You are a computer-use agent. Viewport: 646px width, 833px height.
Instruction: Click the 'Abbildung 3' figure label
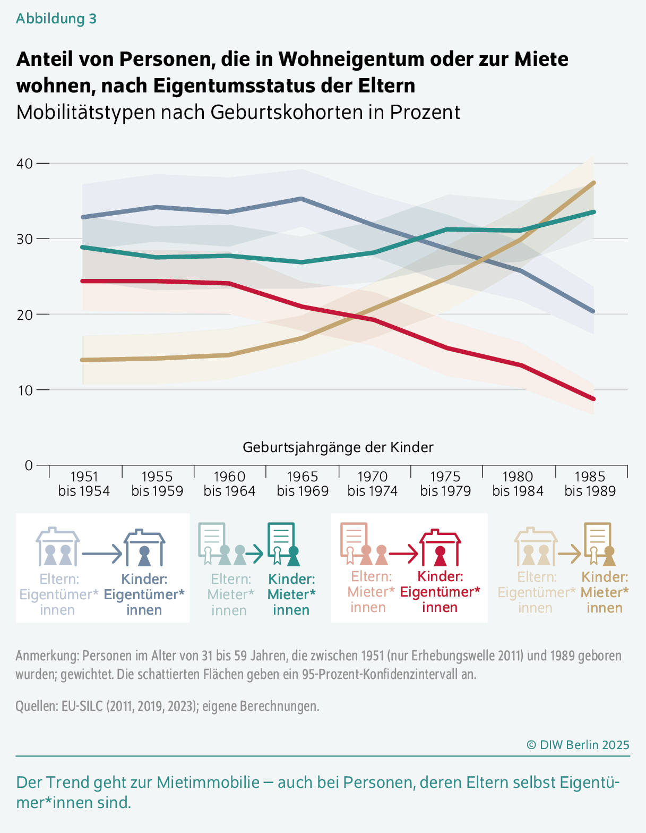pyautogui.click(x=56, y=19)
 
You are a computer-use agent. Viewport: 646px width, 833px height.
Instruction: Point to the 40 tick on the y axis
pyautogui.click(x=25, y=164)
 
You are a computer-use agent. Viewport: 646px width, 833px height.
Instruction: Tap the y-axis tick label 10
pyautogui.click(x=25, y=390)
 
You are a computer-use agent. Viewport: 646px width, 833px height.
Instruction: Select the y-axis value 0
pyautogui.click(x=29, y=465)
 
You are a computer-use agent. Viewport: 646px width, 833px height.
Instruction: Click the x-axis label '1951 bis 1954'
pyautogui.click(x=84, y=483)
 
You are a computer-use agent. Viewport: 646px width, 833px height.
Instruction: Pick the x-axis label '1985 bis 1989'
pyautogui.click(x=590, y=483)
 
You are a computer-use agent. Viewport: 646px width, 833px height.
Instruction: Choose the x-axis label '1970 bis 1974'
pyautogui.click(x=373, y=483)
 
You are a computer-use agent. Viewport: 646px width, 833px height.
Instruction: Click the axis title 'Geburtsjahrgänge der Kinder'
pyautogui.click(x=338, y=447)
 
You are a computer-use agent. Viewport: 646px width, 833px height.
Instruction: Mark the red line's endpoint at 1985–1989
pyautogui.click(x=593, y=399)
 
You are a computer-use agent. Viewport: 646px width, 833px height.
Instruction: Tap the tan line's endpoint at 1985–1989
pyautogui.click(x=593, y=183)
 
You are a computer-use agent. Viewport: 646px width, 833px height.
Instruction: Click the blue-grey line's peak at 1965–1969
pyautogui.click(x=302, y=199)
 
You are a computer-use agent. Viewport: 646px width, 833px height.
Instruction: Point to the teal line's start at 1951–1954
pyautogui.click(x=83, y=247)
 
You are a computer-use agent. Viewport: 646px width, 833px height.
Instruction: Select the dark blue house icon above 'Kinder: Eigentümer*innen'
pyautogui.click(x=144, y=548)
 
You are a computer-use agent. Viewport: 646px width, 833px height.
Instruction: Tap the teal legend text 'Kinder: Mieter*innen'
pyautogui.click(x=291, y=594)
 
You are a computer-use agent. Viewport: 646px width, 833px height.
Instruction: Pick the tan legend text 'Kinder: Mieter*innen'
pyautogui.click(x=605, y=592)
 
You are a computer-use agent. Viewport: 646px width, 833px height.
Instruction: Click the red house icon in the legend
pyautogui.click(x=440, y=548)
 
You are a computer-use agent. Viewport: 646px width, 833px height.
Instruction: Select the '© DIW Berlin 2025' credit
pyautogui.click(x=578, y=745)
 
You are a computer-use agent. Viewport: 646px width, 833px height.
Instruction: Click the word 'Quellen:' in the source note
pyautogui.click(x=37, y=706)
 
